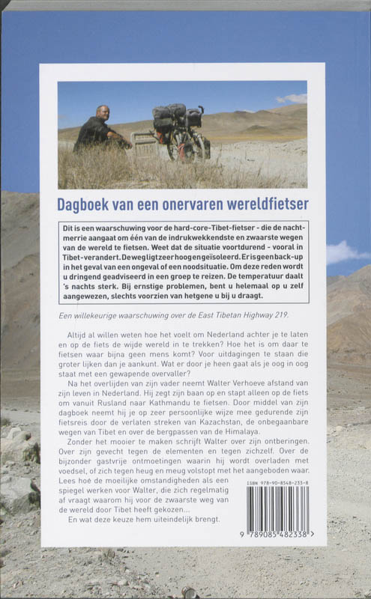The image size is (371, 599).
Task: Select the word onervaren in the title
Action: pyautogui.click(x=190, y=203)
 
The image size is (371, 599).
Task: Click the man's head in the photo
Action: pyautogui.click(x=103, y=112)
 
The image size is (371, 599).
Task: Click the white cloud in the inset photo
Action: pyautogui.click(x=293, y=98)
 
